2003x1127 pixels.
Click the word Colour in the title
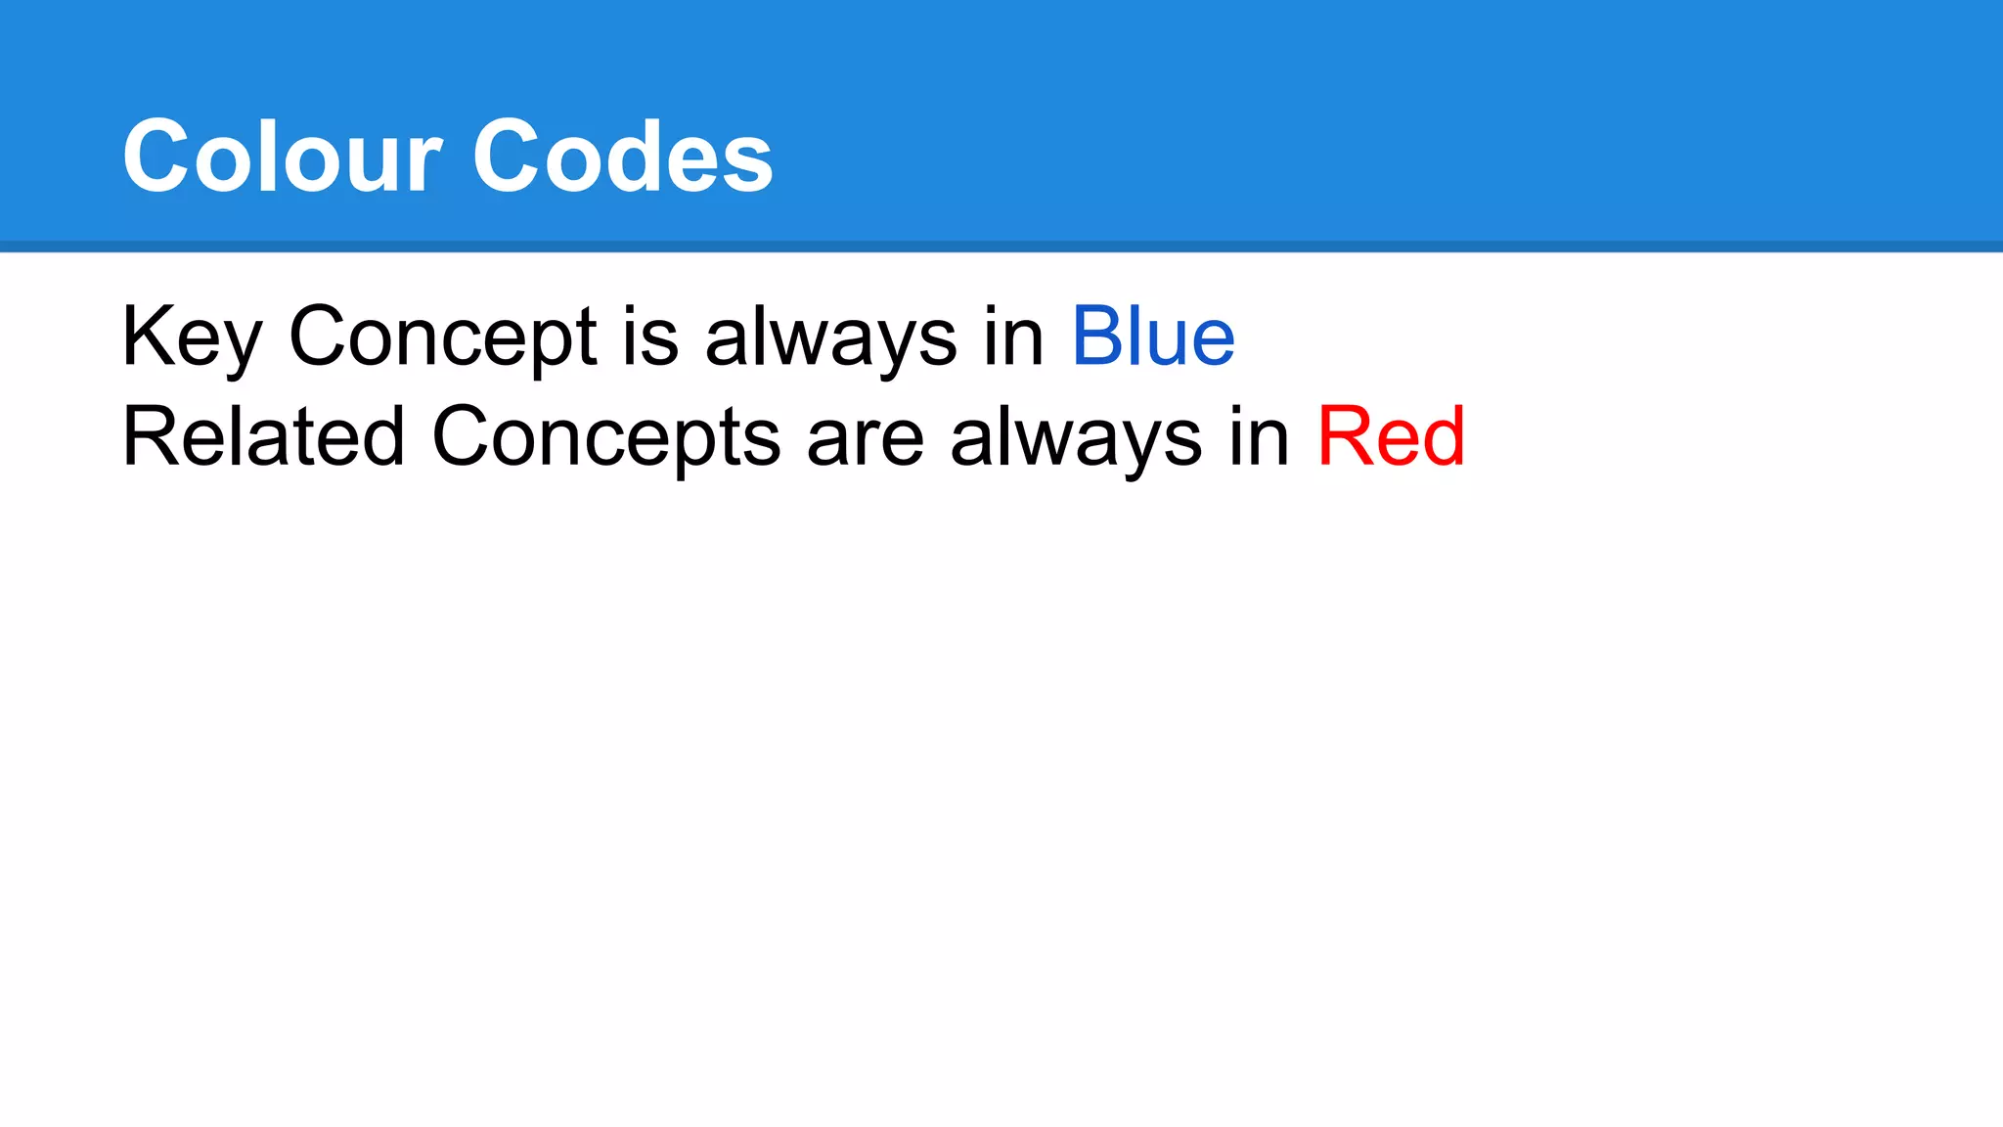pyautogui.click(x=282, y=157)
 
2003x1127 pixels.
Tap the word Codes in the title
pyautogui.click(x=623, y=157)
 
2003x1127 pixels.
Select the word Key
pyautogui.click(x=192, y=338)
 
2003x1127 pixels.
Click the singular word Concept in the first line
pyautogui.click(x=442, y=338)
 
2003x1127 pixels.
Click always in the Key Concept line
pyautogui.click(x=830, y=338)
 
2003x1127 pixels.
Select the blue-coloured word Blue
pyautogui.click(x=1153, y=338)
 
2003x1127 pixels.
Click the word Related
pyautogui.click(x=263, y=437)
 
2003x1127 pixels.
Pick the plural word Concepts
pyautogui.click(x=605, y=437)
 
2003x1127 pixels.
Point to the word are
pyautogui.click(x=865, y=437)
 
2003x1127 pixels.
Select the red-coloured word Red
pyautogui.click(x=1391, y=437)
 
